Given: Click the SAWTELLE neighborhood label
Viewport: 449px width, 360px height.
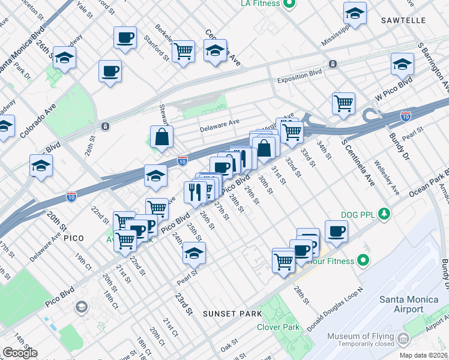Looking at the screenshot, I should click(x=403, y=20).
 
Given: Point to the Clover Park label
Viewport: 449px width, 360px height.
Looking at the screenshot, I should click(x=277, y=327).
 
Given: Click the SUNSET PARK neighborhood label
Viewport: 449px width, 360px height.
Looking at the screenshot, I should click(x=232, y=314).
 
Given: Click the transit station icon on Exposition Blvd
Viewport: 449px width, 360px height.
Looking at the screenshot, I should click(x=332, y=64).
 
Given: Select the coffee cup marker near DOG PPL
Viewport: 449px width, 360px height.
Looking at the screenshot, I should click(x=336, y=231).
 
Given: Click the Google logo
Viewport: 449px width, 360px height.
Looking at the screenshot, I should click(x=19, y=353).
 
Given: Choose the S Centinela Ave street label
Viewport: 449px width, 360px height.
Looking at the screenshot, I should click(x=358, y=162).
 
